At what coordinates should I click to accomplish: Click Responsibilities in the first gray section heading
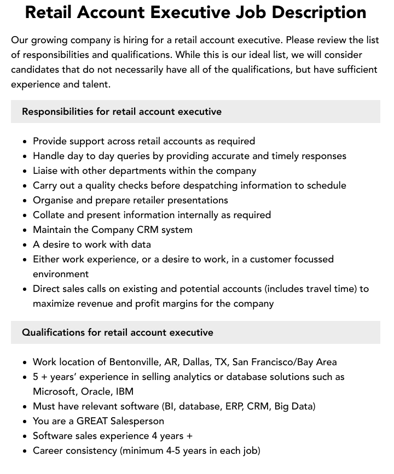tap(57, 112)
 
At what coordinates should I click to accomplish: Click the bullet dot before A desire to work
tap(25, 245)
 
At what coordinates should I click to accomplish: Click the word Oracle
tap(95, 391)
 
